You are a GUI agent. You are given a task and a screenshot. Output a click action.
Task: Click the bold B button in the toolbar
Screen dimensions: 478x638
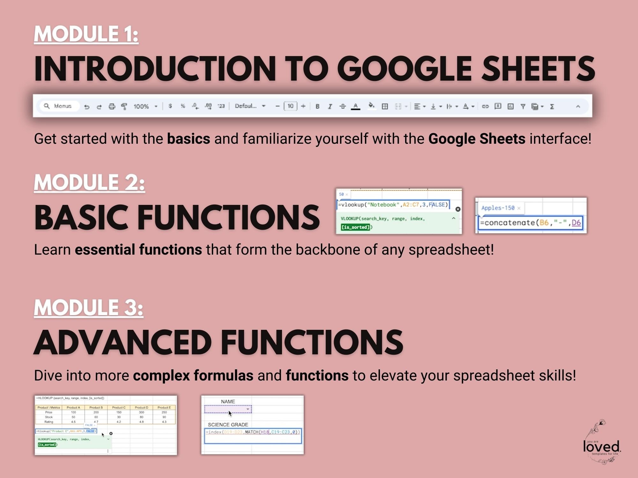(317, 106)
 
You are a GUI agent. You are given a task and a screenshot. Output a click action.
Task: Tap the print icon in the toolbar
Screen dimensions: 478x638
(112, 106)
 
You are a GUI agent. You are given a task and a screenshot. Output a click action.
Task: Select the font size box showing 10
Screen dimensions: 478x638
(290, 106)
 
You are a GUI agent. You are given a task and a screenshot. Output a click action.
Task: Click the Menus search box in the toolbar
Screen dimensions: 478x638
(59, 106)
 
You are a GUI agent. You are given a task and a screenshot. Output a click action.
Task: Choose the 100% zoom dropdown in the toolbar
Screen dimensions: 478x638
(145, 106)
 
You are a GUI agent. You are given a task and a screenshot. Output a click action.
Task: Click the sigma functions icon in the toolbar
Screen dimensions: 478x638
(552, 106)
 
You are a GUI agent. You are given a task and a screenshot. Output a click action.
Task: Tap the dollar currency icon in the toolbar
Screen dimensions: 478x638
(170, 106)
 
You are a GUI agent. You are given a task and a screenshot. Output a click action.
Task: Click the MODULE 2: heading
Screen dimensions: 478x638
(89, 182)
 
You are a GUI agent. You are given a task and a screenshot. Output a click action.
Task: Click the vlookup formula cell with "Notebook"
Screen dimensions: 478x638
(393, 205)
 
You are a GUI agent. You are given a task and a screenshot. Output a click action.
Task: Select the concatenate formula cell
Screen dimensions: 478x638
(531, 223)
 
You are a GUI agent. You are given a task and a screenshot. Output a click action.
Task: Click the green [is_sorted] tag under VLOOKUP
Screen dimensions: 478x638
(355, 227)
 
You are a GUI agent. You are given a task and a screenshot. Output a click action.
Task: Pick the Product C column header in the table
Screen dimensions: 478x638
(119, 407)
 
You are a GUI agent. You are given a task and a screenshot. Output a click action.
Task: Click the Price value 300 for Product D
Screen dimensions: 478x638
(141, 412)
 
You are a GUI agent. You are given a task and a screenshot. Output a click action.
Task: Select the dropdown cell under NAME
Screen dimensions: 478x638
(228, 409)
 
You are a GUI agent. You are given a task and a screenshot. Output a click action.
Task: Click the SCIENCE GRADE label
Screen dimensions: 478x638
(228, 424)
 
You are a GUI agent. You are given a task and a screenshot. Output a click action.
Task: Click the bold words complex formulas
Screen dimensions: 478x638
(193, 376)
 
